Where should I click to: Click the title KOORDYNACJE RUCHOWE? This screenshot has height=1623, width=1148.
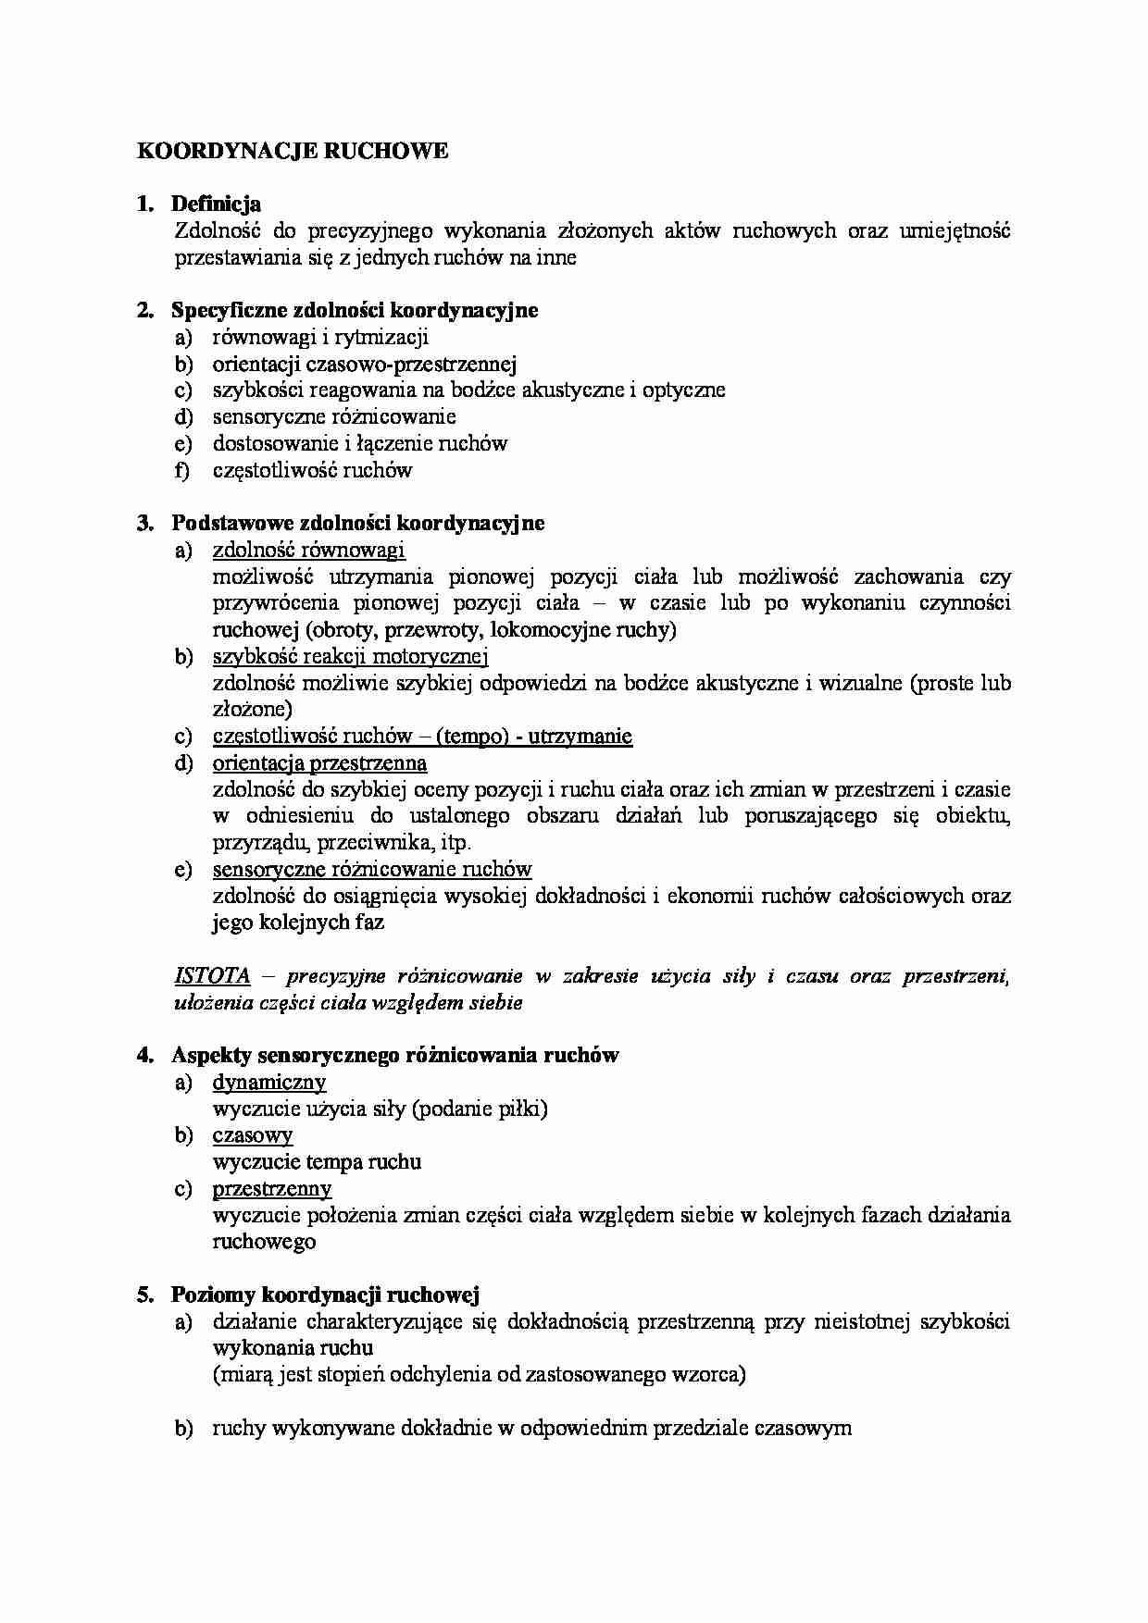[x=293, y=151]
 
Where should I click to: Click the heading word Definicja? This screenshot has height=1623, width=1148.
[x=216, y=204]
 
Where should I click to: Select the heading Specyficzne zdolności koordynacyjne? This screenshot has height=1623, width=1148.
[x=355, y=310]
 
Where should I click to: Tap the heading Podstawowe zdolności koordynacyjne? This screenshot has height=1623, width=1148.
[x=357, y=523]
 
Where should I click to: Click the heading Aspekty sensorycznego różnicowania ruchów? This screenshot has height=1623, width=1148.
[x=394, y=1055]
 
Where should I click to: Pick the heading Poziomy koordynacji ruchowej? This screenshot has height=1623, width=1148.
[x=325, y=1295]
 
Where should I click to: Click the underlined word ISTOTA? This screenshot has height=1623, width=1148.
[x=212, y=975]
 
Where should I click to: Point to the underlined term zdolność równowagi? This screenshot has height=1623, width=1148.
[x=308, y=550]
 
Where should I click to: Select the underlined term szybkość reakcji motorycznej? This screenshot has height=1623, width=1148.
[x=350, y=656]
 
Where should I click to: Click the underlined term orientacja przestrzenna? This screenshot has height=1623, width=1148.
[x=319, y=762]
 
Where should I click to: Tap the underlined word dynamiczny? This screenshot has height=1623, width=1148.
[x=268, y=1082]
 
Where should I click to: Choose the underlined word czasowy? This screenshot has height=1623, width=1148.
[x=252, y=1134]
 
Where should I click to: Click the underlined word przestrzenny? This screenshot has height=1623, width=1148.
[x=271, y=1188]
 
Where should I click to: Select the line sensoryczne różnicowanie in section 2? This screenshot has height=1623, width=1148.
[x=333, y=416]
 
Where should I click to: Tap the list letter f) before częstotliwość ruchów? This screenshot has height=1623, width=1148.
[x=182, y=470]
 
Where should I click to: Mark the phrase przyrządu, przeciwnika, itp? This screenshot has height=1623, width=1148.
[x=342, y=843]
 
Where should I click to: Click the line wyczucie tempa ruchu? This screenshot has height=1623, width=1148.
[x=317, y=1161]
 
